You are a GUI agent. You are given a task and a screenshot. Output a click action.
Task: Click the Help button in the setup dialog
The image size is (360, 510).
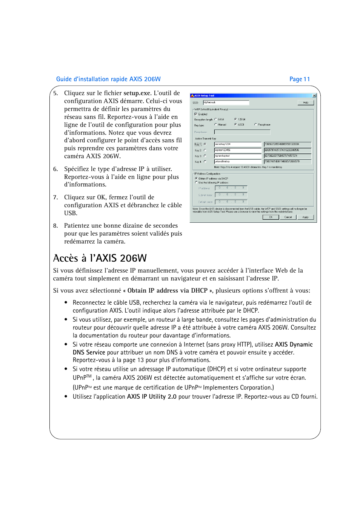(x=305, y=103)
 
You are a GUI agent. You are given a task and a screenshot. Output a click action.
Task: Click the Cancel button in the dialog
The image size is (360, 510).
(x=288, y=217)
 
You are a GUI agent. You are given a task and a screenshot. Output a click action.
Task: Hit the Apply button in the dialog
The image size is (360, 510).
(x=305, y=217)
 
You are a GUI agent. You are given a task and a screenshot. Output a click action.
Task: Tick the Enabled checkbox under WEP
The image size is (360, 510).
(x=196, y=114)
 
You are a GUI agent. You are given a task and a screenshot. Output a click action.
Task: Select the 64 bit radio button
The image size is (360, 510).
(x=216, y=119)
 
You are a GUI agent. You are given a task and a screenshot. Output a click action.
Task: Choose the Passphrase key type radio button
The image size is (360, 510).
(x=256, y=125)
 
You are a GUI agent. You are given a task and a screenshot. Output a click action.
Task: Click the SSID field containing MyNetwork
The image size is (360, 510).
(x=226, y=102)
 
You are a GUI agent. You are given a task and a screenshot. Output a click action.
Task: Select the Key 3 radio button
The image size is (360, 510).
(x=205, y=156)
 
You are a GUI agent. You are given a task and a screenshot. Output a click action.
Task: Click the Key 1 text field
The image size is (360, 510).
(x=237, y=144)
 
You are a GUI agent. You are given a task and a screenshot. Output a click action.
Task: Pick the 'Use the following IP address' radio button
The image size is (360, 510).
(x=196, y=182)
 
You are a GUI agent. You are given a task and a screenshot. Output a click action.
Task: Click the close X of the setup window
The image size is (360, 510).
(x=314, y=96)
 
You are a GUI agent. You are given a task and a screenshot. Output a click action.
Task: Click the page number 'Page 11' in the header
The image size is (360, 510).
(x=300, y=79)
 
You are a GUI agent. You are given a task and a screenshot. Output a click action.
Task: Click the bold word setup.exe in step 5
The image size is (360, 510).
(x=137, y=93)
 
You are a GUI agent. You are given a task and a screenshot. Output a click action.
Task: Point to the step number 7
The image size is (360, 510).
(x=55, y=197)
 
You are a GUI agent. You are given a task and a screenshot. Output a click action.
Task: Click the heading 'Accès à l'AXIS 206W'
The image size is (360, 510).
(x=100, y=258)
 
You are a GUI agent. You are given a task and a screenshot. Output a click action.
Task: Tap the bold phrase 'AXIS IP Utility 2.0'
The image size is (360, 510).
(x=152, y=397)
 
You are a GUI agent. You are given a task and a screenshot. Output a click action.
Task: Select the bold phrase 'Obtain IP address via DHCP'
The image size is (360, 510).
(x=167, y=291)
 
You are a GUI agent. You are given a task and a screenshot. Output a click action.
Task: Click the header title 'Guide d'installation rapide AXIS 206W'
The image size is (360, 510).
(x=108, y=79)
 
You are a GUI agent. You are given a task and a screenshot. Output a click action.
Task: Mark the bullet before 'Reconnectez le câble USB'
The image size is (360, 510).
(x=66, y=302)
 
